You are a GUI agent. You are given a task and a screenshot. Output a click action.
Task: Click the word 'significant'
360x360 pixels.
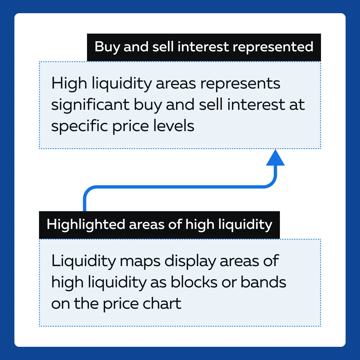pyautogui.click(x=90, y=105)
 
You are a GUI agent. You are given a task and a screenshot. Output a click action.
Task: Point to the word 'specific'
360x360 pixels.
pyautogui.click(x=79, y=126)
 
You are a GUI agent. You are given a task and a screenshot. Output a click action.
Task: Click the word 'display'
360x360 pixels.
pyautogui.click(x=190, y=262)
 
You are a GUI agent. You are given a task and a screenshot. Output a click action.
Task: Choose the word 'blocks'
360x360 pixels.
pyautogui.click(x=194, y=282)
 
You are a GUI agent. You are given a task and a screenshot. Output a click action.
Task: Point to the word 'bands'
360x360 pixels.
pyautogui.click(x=263, y=282)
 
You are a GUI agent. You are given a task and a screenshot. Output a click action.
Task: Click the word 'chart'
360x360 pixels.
pyautogui.click(x=162, y=304)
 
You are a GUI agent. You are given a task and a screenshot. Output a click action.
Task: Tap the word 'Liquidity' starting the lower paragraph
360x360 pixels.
pyautogui.click(x=83, y=262)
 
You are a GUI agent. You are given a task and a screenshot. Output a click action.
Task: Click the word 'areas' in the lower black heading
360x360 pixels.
pyautogui.click(x=146, y=225)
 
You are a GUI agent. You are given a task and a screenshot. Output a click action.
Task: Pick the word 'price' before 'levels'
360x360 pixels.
pyautogui.click(x=130, y=126)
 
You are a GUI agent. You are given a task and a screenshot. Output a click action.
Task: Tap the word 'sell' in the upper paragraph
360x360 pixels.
pyautogui.click(x=211, y=105)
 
